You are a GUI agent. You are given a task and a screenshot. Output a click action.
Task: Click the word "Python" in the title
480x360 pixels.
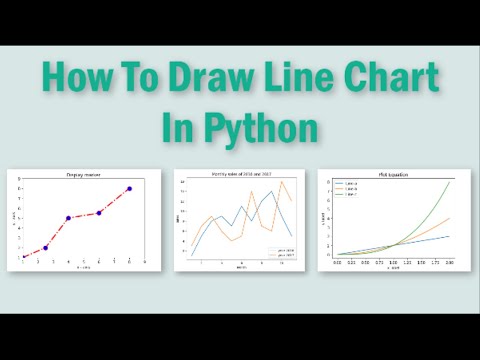pyautogui.click(x=268, y=129)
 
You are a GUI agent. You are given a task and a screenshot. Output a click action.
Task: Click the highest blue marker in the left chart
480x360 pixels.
pyautogui.click(x=129, y=188)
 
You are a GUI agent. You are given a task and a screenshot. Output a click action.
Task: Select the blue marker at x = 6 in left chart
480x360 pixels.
pyautogui.click(x=98, y=213)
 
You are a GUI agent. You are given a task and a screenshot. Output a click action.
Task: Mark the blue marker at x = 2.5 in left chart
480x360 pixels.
pyautogui.click(x=46, y=248)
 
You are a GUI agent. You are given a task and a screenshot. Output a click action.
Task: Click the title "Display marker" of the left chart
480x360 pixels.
pyautogui.click(x=83, y=176)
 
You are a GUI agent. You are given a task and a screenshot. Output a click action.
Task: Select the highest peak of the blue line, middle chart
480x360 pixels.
pyautogui.click(x=271, y=191)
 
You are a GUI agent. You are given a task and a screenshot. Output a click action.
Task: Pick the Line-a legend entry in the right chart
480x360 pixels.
pyautogui.click(x=351, y=184)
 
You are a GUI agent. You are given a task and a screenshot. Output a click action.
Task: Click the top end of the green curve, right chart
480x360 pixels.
pyautogui.click(x=449, y=182)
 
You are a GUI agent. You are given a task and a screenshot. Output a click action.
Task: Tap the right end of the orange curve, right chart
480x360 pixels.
pyautogui.click(x=449, y=218)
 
